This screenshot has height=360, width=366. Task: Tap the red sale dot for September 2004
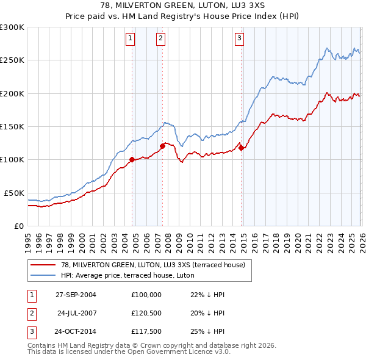click(132, 160)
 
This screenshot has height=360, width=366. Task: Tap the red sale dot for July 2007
click(163, 146)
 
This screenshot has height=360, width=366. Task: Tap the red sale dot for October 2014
click(241, 147)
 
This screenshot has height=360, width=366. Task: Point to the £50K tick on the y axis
click(14, 193)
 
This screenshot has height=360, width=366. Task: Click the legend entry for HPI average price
click(127, 276)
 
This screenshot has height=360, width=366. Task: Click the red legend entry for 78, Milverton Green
click(152, 265)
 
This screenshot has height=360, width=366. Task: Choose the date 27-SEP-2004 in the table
click(76, 295)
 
